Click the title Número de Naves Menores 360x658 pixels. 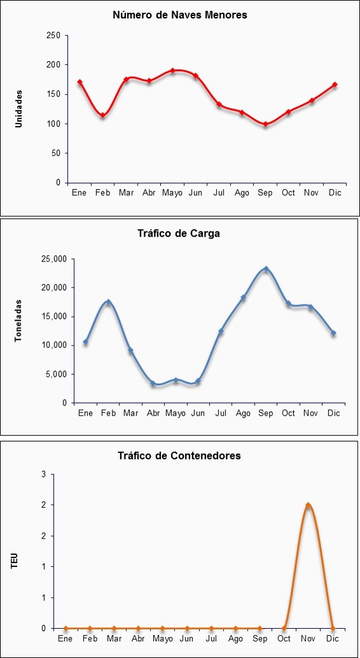[x=180, y=15]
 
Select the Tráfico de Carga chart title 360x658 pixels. [x=179, y=234]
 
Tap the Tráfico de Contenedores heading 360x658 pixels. [x=179, y=456]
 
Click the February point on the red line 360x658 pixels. [x=102, y=115]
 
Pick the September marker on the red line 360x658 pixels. [x=265, y=124]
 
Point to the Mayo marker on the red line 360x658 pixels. [x=172, y=71]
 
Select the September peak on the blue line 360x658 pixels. [x=266, y=269]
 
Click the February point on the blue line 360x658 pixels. [x=108, y=302]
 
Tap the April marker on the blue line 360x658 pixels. [x=153, y=383]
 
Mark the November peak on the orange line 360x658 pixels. [x=308, y=505]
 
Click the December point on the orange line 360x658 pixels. [x=333, y=628]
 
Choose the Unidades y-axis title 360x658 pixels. [x=18, y=108]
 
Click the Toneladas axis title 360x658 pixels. [x=18, y=320]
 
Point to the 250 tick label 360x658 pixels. [x=53, y=36]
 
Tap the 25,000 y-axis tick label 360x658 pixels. [x=55, y=259]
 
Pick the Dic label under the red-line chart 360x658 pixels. [x=335, y=193]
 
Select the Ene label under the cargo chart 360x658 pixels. [x=86, y=414]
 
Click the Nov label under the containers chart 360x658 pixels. [x=308, y=639]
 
